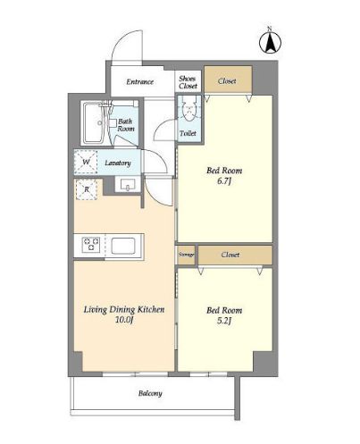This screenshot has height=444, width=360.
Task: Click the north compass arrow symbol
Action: point(270,43)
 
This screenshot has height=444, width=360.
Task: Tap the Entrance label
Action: point(139,81)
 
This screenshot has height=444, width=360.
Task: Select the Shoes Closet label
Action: point(188,82)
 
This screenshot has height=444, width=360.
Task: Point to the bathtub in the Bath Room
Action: point(93,123)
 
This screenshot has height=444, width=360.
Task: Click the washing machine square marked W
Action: point(86,163)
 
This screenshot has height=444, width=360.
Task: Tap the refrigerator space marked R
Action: point(87,189)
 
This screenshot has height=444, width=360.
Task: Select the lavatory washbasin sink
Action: point(128,185)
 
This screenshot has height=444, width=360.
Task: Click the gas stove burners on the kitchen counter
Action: point(91,245)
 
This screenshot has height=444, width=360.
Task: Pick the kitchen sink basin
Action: point(123,246)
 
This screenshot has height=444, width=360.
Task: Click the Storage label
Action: point(187,255)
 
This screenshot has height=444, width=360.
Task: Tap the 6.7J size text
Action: point(224,180)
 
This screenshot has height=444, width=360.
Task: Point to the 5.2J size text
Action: point(224,321)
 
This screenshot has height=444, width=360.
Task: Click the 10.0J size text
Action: point(124,320)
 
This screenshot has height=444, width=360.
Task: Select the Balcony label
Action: point(150,393)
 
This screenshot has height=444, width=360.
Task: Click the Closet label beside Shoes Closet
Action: point(227,81)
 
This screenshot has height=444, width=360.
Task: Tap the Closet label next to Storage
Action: point(230,255)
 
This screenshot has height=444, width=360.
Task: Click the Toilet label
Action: point(188,133)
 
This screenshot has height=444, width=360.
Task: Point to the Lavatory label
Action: point(118,163)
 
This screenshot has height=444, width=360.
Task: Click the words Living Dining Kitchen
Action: point(124,310)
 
